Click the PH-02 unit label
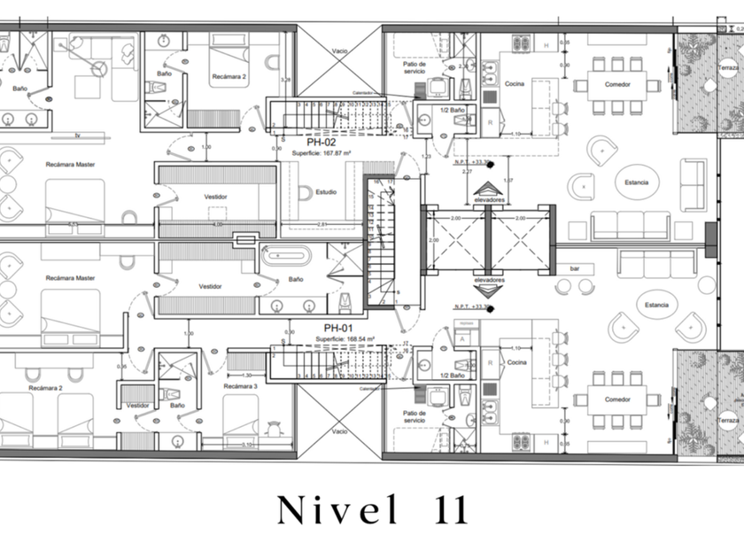tap(321, 141)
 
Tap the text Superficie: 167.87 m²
tap(323, 151)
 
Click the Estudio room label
tap(325, 189)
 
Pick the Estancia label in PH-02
tap(635, 182)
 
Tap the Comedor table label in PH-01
tap(617, 399)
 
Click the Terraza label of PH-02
tap(729, 68)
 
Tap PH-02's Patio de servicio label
tap(415, 68)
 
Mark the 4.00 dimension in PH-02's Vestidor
tap(218, 224)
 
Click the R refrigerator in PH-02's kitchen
tap(489, 121)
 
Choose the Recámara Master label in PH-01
tap(73, 278)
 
